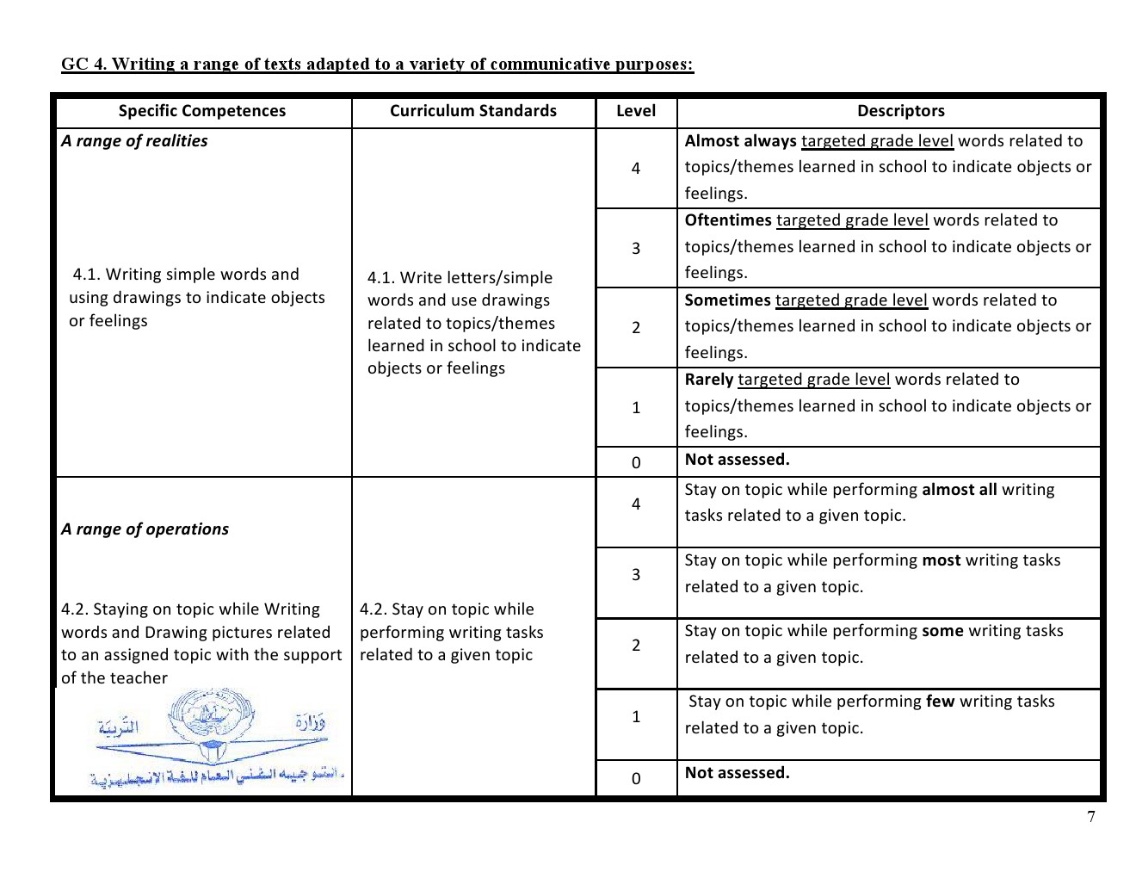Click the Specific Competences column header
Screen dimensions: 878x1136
(x=202, y=111)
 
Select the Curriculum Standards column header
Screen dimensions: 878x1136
(x=473, y=111)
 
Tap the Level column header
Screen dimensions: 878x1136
(x=636, y=111)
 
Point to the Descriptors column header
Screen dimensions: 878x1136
(x=900, y=111)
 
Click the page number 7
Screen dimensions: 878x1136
(x=1091, y=818)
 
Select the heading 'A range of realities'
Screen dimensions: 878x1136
(x=135, y=141)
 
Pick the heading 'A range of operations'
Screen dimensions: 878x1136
(x=145, y=529)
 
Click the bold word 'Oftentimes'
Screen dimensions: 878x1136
(x=728, y=220)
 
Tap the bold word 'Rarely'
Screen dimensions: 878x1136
(x=709, y=380)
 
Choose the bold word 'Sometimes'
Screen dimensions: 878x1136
(x=727, y=300)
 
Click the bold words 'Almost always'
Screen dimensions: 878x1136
(x=741, y=141)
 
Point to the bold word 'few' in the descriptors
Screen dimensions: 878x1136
(x=940, y=702)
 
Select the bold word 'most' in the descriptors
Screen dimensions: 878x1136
(x=941, y=560)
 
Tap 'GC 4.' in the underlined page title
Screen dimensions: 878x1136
(x=83, y=65)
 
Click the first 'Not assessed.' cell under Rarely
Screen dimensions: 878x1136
(x=737, y=460)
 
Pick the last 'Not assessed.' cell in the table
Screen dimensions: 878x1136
(x=737, y=773)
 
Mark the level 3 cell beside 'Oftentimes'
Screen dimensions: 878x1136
(x=636, y=249)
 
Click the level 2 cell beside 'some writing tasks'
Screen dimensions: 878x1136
(x=636, y=646)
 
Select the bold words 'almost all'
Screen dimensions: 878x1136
(x=959, y=490)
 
